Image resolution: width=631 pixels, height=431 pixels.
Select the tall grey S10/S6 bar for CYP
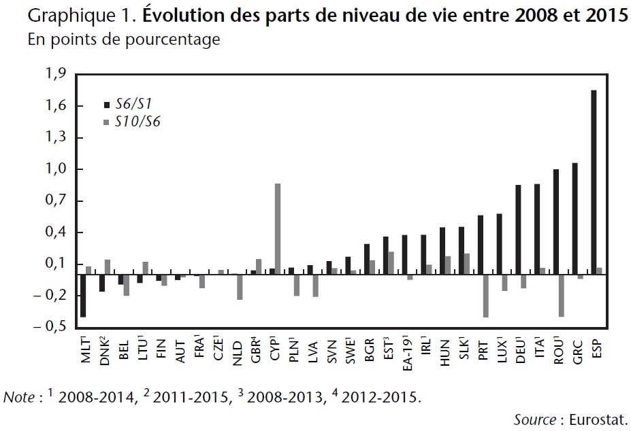(278, 228)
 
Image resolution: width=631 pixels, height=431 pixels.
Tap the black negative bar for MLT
(83, 295)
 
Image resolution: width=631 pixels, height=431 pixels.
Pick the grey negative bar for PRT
(486, 295)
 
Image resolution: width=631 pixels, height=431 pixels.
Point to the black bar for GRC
(575, 218)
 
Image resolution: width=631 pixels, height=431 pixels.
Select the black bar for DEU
(518, 229)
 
